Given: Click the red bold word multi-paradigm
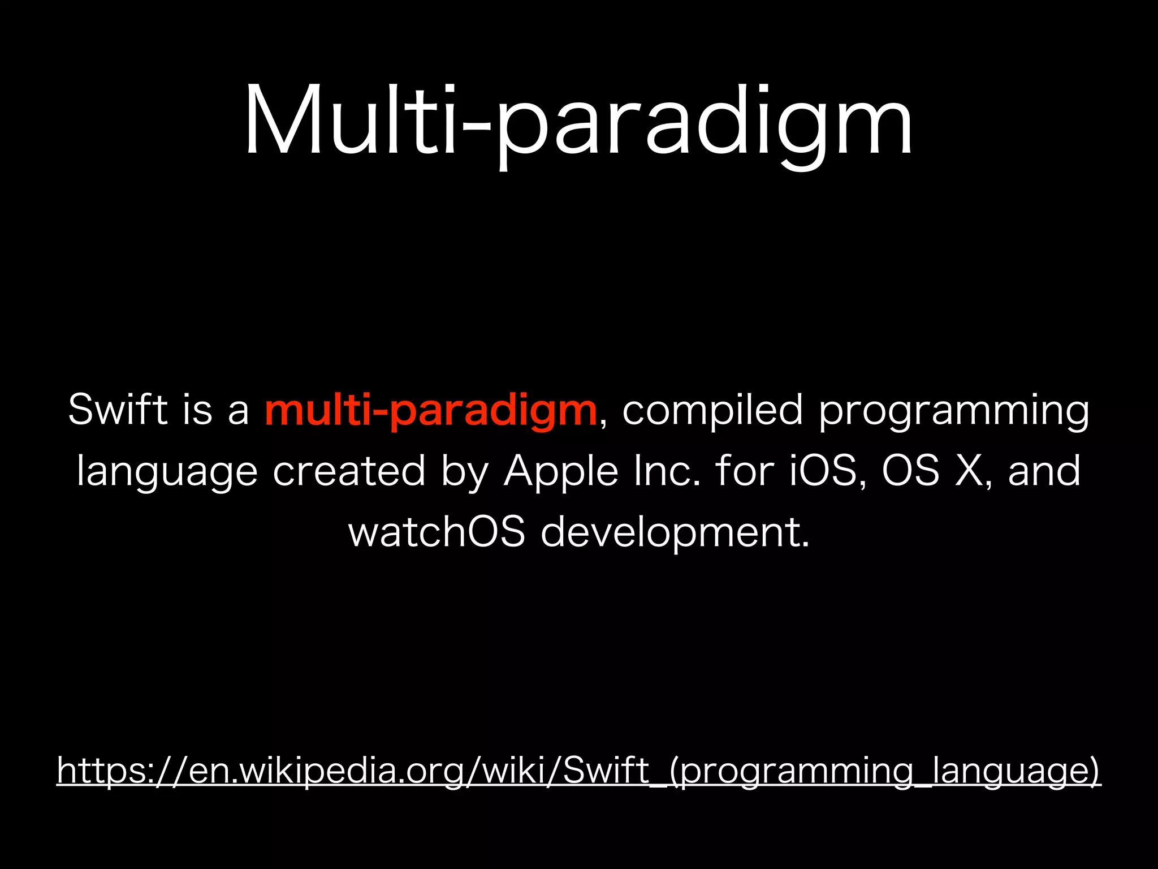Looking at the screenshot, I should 431,410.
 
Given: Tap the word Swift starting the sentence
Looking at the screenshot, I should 118,410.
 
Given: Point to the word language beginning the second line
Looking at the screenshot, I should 167,472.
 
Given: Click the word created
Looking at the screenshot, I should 349,471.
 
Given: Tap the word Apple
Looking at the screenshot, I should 560,472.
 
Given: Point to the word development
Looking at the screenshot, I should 675,534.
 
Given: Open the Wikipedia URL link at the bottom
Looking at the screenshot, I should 579,771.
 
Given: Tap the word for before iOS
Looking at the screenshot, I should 744,471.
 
